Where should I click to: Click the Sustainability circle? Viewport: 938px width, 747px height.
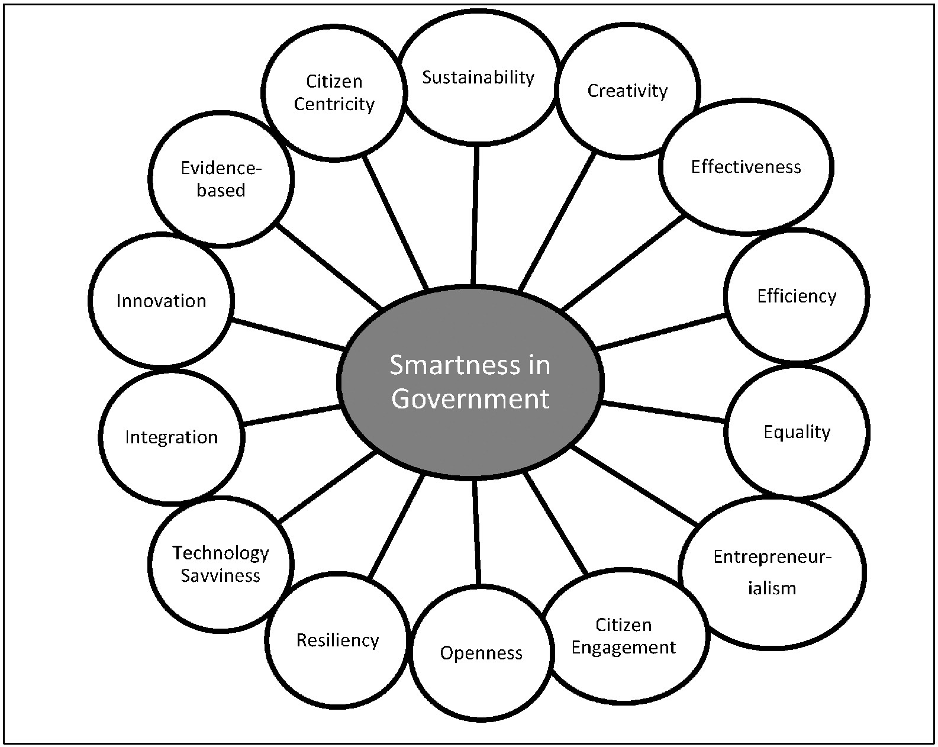(x=478, y=77)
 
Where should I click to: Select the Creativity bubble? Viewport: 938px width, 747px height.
(x=627, y=91)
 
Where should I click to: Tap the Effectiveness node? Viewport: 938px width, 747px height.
(x=746, y=167)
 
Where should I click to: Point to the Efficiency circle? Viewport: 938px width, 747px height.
(x=797, y=296)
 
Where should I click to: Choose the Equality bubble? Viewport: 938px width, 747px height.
(x=797, y=432)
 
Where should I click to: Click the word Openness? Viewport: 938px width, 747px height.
(x=481, y=653)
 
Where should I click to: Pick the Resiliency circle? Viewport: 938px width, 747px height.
(x=337, y=640)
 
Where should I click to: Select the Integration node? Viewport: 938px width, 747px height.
(x=171, y=437)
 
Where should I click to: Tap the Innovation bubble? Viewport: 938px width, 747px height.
(x=161, y=301)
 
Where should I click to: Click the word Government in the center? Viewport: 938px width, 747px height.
(x=470, y=398)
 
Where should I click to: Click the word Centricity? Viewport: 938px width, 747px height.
(x=334, y=104)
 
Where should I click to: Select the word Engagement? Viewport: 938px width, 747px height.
(x=624, y=647)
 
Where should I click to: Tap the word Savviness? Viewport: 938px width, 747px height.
(x=220, y=575)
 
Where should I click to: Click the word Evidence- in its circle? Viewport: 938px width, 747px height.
(x=221, y=168)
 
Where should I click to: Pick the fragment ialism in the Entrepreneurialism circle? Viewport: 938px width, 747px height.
(x=772, y=588)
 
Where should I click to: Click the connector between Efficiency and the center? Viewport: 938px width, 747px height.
(x=662, y=333)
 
